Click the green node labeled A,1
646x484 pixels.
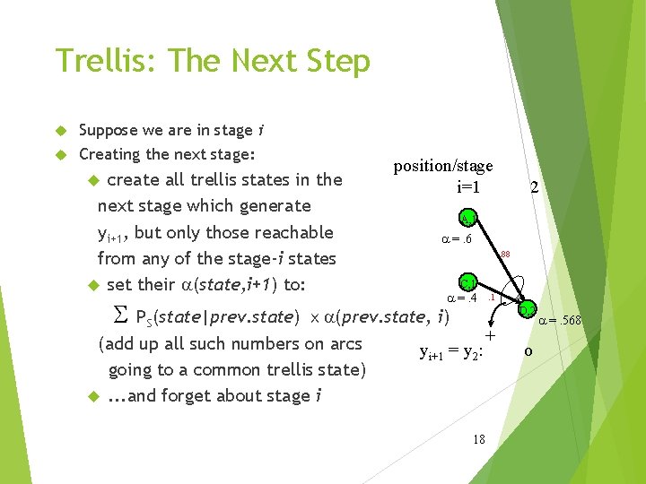point(467,218)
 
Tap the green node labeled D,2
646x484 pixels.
point(527,309)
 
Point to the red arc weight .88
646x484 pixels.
point(505,255)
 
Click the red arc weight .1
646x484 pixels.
point(492,297)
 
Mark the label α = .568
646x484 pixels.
point(560,320)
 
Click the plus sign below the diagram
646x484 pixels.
point(490,335)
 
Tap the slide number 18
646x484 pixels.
point(478,438)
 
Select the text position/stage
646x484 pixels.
point(443,166)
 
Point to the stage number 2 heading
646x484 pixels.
point(534,188)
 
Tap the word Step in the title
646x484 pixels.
point(336,61)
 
